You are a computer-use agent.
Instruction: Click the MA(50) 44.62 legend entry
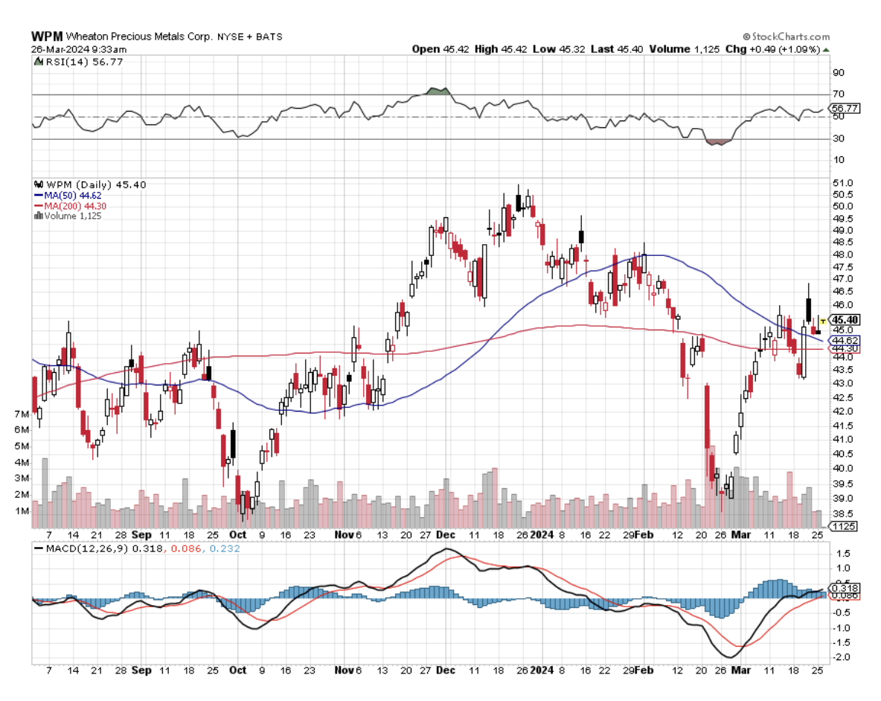point(72,195)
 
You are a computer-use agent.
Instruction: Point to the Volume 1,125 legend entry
point(71,216)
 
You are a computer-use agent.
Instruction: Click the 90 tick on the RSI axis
point(839,73)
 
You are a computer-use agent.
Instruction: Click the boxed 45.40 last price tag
point(847,319)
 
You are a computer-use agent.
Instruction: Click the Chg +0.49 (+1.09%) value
point(774,49)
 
